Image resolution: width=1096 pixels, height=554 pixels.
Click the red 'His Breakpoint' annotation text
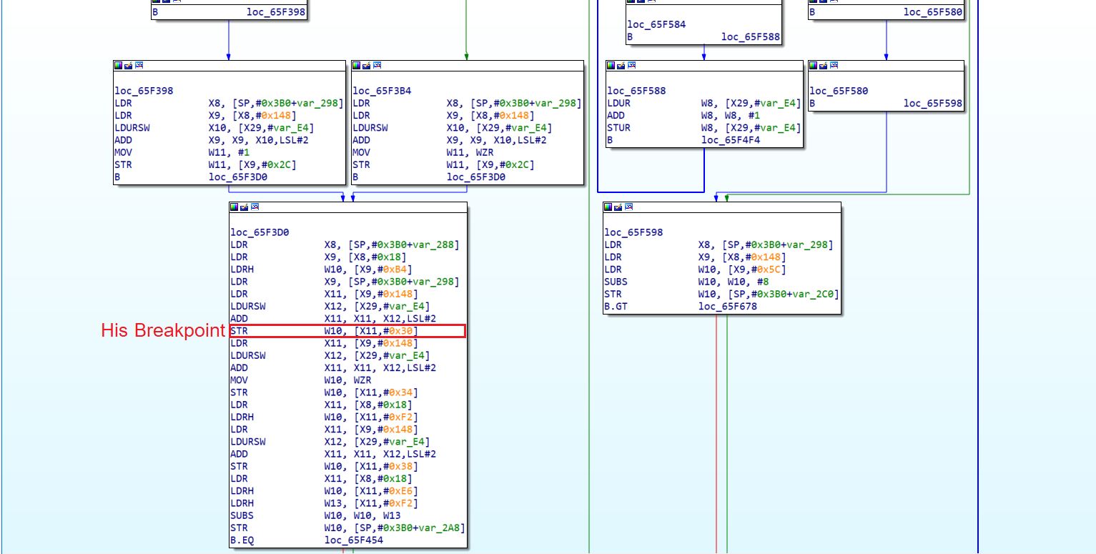point(163,331)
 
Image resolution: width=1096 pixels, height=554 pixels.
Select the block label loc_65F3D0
point(260,232)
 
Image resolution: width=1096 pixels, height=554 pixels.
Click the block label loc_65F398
point(144,91)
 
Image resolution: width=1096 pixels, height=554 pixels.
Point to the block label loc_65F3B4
point(382,91)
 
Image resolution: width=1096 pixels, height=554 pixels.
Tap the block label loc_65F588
point(636,91)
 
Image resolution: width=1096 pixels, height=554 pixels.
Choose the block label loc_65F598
point(633,232)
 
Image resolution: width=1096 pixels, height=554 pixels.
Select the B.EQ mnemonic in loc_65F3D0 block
point(242,540)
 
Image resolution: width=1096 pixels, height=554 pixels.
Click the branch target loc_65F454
point(354,540)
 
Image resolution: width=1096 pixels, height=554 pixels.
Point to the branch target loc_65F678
point(728,307)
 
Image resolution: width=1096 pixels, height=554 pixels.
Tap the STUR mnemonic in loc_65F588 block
point(619,128)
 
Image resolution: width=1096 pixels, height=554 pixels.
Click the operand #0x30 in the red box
point(395,331)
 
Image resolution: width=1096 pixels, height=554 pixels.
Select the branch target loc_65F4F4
point(731,140)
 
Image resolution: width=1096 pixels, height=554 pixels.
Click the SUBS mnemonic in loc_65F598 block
point(616,282)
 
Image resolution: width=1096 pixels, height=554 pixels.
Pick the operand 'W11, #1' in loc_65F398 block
point(229,152)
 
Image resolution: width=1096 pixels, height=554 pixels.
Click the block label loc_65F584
point(656,24)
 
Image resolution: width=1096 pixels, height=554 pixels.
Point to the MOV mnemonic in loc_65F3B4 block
point(362,152)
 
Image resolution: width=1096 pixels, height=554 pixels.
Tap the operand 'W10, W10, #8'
point(734,282)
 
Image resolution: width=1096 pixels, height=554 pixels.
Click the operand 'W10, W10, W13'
point(362,516)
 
